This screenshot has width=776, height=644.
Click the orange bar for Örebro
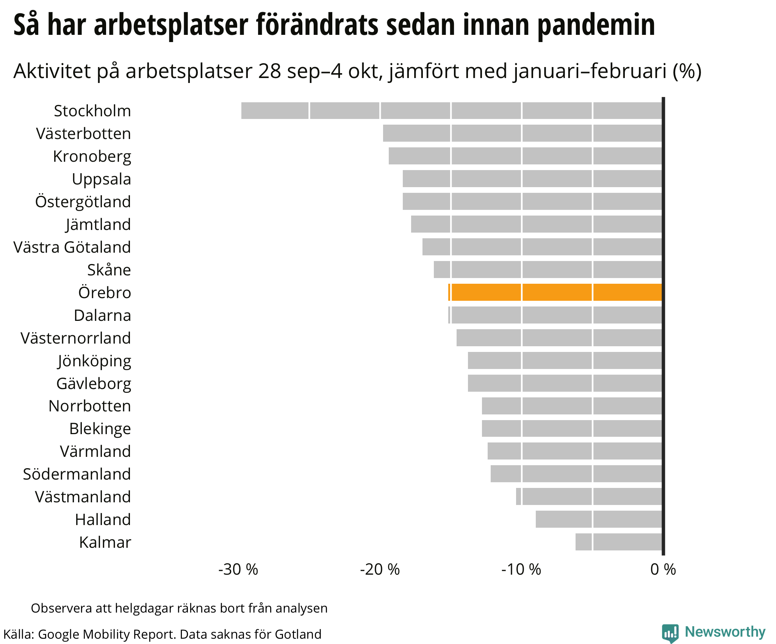point(555,292)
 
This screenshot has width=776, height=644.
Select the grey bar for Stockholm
point(452,111)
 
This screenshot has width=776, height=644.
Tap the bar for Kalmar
point(619,542)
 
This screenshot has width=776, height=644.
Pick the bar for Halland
point(599,519)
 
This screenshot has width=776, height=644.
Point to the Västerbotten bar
point(522,133)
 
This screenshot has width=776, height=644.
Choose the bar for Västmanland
point(589,496)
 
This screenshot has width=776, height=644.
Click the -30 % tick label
point(238,569)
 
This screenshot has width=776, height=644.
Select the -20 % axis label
point(380,569)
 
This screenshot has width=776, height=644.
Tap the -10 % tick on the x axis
point(521,569)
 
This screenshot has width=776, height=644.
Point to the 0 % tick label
point(663,569)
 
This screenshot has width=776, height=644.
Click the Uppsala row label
point(102,179)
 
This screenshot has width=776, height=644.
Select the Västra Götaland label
point(72,247)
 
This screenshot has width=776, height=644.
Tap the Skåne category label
point(109,270)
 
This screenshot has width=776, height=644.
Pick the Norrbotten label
point(90,406)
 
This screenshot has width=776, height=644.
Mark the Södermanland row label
point(77,474)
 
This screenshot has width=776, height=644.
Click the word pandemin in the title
point(596,25)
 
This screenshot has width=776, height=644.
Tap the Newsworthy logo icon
point(670,633)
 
